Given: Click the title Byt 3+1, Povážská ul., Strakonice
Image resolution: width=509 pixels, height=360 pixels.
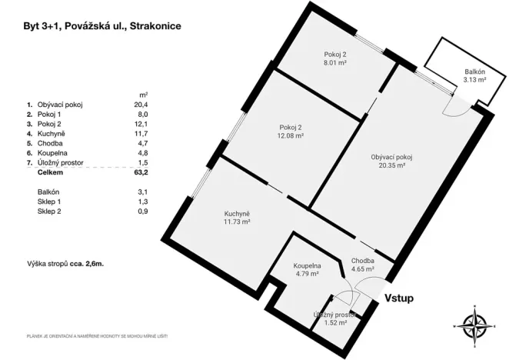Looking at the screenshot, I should pos(103,25).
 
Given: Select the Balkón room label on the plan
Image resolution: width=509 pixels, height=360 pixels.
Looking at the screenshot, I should pos(474,72).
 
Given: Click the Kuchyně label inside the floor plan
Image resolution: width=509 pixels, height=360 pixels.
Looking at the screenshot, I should pos(238,213).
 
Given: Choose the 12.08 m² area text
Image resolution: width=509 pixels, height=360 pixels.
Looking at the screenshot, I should pos(291,135).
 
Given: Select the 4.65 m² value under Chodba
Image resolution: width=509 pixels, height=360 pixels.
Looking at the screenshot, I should pos(362,270).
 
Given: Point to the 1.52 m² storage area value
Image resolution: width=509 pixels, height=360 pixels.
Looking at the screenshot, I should pos(334,323).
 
